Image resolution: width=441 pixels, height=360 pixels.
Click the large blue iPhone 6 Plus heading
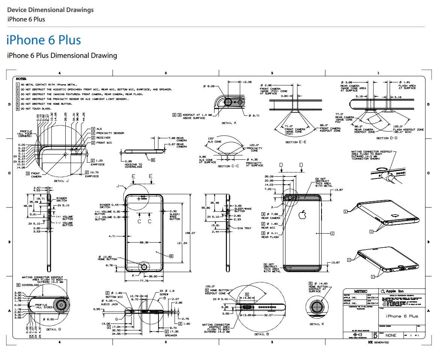pos(44,40)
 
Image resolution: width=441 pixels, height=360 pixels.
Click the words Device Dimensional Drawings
pos(50,10)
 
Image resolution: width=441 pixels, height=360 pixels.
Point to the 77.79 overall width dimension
pos(144,281)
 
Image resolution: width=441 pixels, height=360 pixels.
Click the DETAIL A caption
pos(229,123)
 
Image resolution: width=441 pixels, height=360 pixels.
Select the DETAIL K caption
pos(315,324)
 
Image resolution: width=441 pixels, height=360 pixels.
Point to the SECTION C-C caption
pos(229,166)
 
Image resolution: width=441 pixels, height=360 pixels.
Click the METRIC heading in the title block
pos(361,291)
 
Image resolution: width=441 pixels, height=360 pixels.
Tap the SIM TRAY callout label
pos(245,228)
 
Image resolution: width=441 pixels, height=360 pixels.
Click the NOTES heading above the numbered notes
pos(21,79)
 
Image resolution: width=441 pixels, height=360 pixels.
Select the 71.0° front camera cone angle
pos(288,126)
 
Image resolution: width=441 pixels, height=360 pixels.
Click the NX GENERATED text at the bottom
pos(378,342)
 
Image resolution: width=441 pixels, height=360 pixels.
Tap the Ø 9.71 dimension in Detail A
pos(254,115)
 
